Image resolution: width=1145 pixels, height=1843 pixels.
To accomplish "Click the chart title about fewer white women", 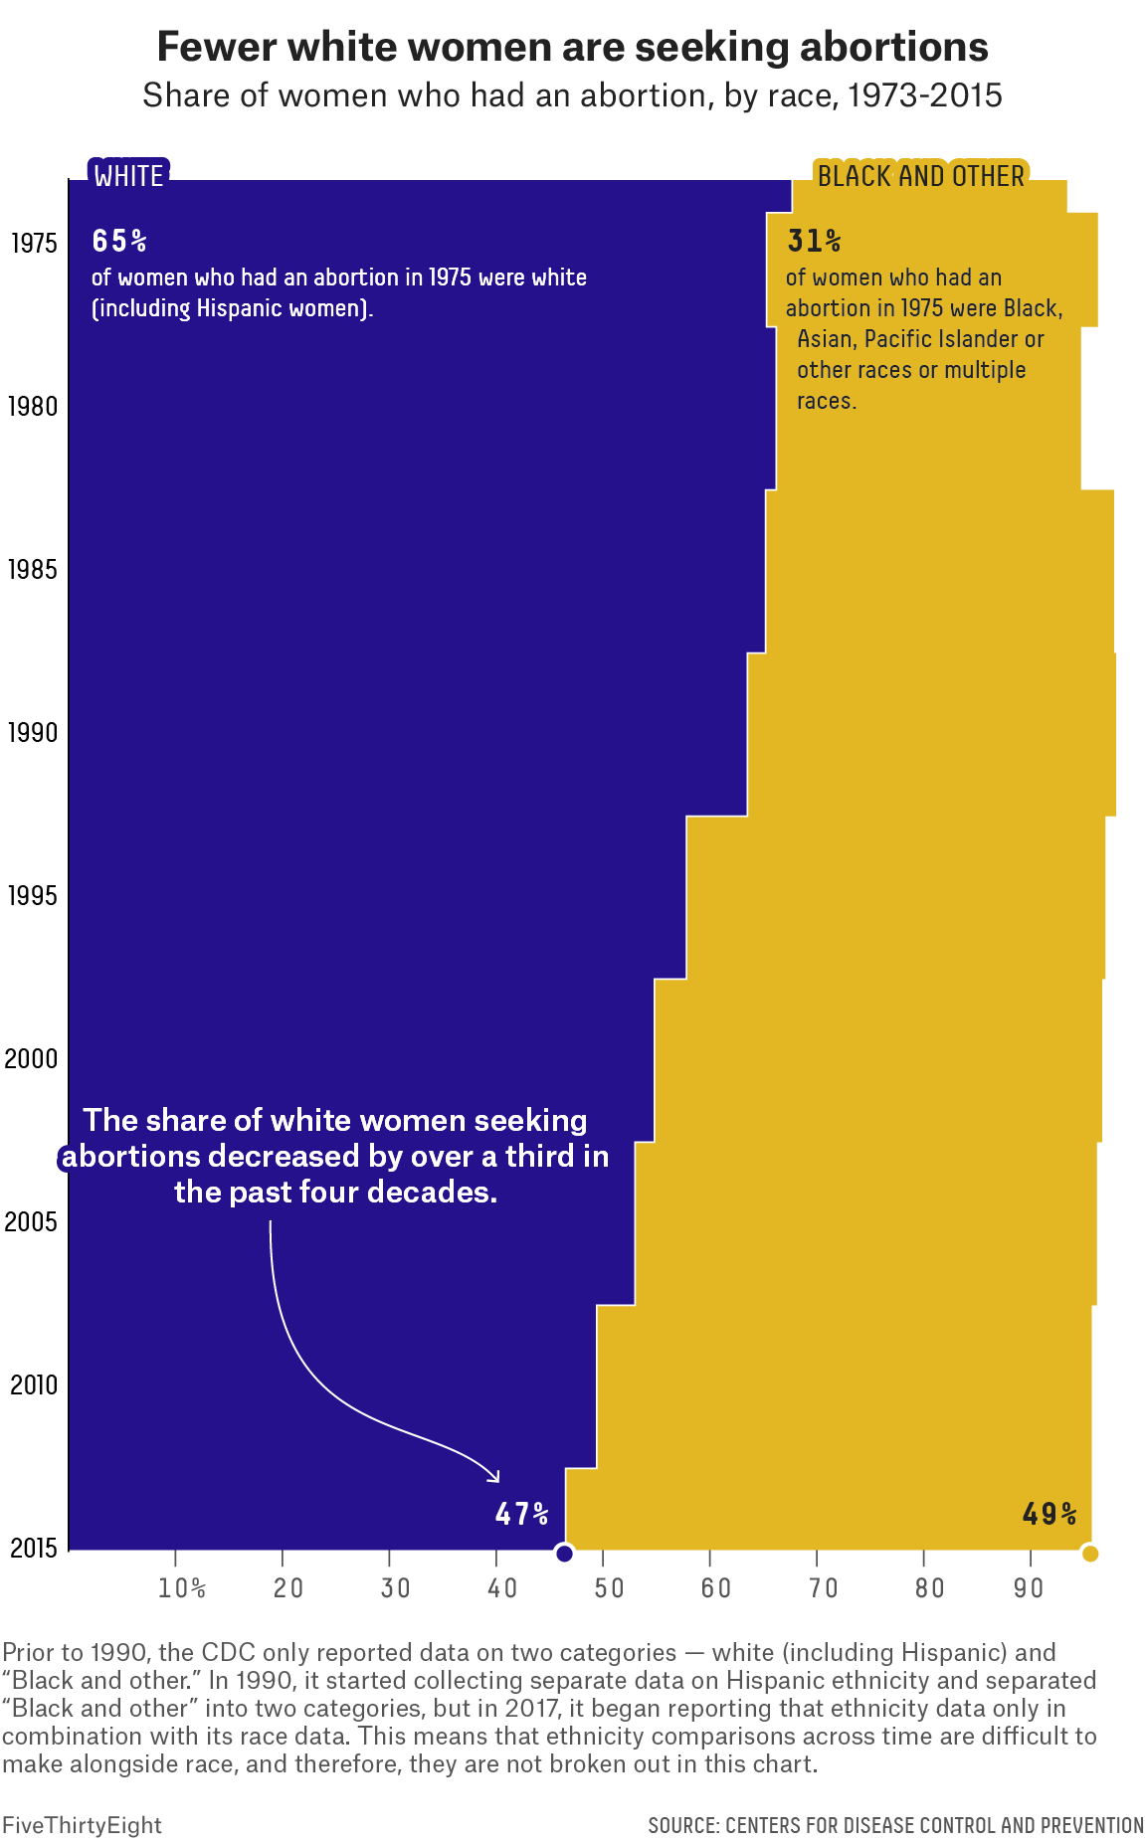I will click(x=572, y=47).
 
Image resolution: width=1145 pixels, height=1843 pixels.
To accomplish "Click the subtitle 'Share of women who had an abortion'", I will click(x=572, y=95).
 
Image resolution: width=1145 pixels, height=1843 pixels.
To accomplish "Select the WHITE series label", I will click(x=128, y=176).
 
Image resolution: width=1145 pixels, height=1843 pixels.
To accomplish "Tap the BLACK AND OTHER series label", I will click(x=920, y=176).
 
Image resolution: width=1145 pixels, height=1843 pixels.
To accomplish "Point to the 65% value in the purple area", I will click(x=119, y=241).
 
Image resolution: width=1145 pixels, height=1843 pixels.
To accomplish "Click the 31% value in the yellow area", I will click(x=814, y=241).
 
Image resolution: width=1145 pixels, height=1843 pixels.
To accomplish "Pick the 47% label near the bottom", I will click(x=521, y=1514).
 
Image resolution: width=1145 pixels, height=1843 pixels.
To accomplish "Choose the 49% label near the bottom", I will click(x=1050, y=1514).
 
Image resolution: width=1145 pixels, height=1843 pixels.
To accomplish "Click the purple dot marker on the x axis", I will click(x=564, y=1554).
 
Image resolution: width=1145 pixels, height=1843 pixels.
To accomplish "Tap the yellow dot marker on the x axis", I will click(x=1089, y=1554).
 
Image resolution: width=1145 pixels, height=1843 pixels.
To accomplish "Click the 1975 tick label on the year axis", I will click(x=33, y=244).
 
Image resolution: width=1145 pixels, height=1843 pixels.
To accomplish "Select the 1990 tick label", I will click(x=33, y=733).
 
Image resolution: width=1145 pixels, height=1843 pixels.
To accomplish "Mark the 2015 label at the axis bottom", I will click(x=33, y=1549).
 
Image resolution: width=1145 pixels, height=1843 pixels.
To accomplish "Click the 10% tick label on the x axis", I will click(x=182, y=1587).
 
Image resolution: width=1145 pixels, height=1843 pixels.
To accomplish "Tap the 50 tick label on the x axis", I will click(x=609, y=1587).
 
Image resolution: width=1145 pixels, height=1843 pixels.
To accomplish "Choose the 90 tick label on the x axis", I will click(x=1029, y=1587).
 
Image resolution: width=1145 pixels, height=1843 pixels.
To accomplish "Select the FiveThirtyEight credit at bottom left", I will click(x=82, y=1825).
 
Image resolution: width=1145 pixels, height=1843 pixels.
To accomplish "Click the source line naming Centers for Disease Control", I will click(x=895, y=1825).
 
